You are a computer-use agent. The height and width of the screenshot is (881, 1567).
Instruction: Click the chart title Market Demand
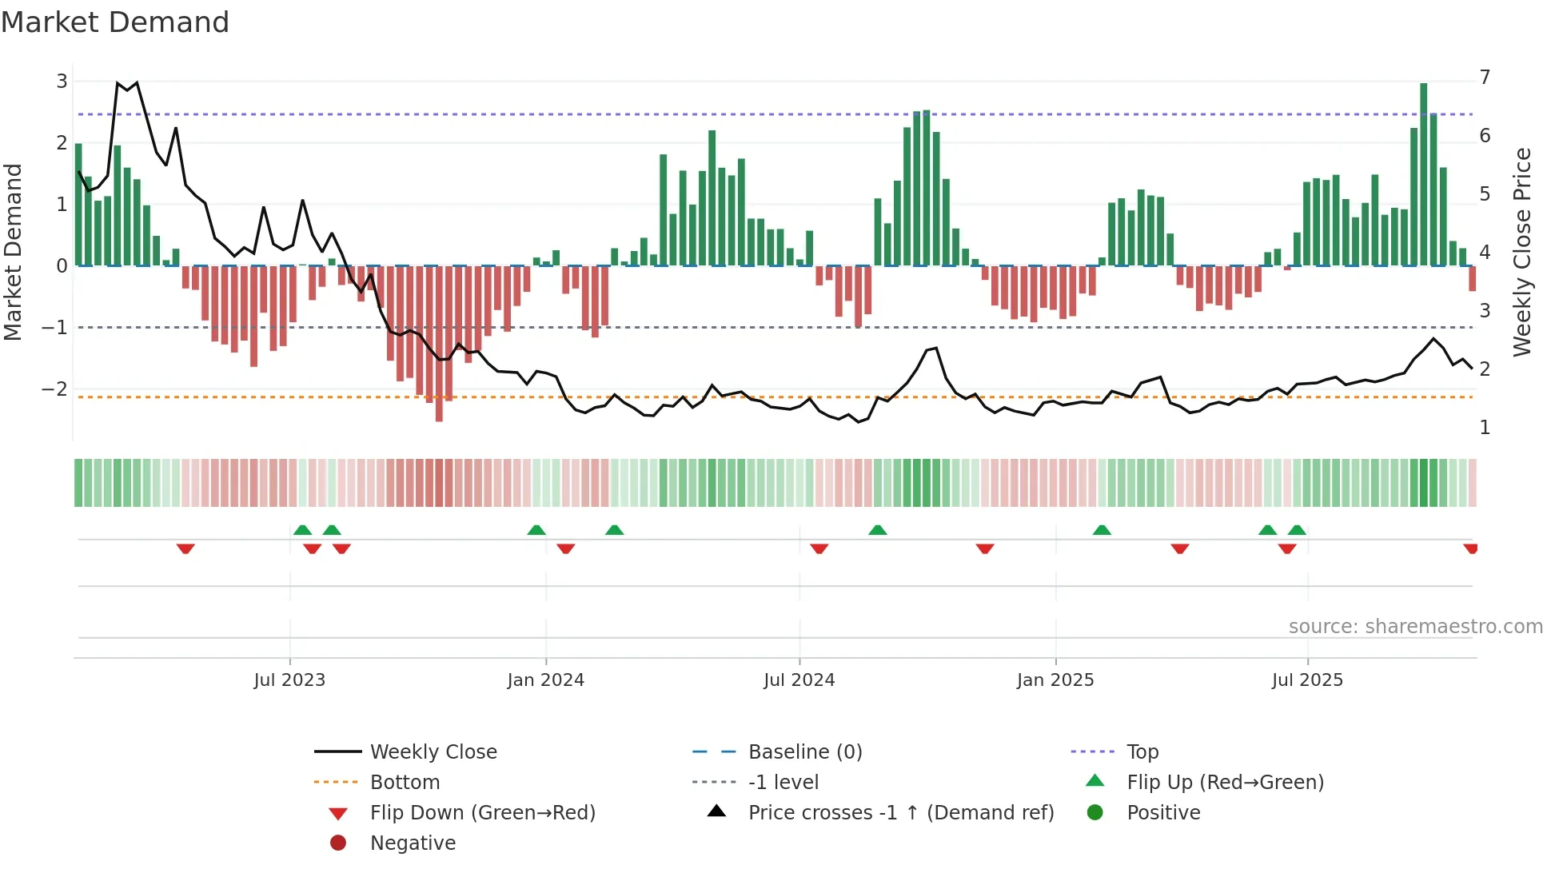[115, 22]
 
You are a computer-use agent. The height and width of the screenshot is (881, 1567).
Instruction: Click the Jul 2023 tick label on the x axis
[289, 680]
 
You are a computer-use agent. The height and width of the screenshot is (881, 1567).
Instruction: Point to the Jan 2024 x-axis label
[545, 680]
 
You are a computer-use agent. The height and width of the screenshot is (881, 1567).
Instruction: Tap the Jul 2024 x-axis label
[799, 680]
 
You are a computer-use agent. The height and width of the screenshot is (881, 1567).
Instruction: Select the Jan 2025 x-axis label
[1055, 680]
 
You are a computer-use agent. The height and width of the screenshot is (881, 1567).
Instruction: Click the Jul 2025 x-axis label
[1307, 680]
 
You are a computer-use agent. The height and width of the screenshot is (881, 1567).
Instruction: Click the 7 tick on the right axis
[1485, 78]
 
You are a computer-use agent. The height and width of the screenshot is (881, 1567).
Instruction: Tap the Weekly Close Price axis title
[1522, 252]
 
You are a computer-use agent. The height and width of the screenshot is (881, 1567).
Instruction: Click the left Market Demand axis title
[14, 252]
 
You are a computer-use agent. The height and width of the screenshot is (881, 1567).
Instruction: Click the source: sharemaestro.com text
[1415, 627]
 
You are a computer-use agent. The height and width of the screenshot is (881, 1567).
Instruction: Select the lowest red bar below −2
[439, 344]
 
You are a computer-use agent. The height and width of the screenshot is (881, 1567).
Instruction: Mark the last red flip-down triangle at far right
[1470, 548]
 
